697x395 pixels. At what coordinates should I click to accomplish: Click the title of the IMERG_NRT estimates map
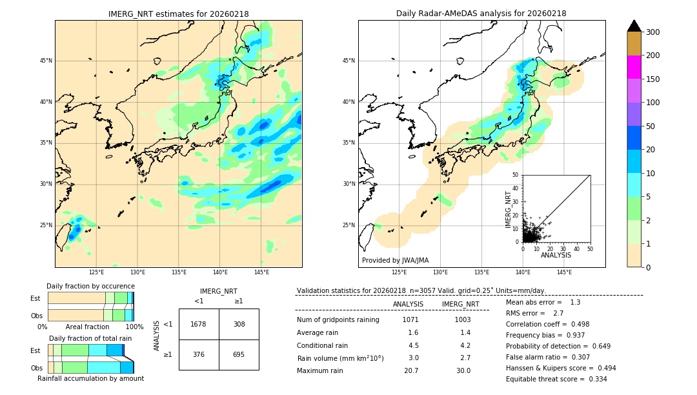coord(178,14)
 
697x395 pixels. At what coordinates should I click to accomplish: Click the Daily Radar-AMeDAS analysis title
coord(481,14)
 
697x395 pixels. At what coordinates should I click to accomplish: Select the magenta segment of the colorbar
coord(634,67)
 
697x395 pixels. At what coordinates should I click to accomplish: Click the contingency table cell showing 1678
coord(199,324)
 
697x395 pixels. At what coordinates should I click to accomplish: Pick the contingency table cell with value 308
coord(239,324)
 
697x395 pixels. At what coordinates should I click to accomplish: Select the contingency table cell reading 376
coord(199,354)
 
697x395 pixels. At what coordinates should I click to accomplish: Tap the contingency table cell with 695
coord(239,354)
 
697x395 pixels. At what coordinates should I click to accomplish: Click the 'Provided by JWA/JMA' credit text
coord(395,261)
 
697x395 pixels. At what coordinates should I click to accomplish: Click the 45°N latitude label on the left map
coord(46,61)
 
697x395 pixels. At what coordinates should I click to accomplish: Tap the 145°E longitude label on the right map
coord(564,272)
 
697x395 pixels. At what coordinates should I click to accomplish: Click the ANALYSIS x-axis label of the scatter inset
coord(556,255)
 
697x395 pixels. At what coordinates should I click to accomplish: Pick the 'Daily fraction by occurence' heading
coord(90,286)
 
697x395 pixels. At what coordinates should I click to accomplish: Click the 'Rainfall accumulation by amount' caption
coord(90,378)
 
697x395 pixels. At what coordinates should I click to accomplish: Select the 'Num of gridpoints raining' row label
coord(338,319)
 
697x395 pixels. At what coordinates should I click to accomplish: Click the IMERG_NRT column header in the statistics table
coord(460,304)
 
